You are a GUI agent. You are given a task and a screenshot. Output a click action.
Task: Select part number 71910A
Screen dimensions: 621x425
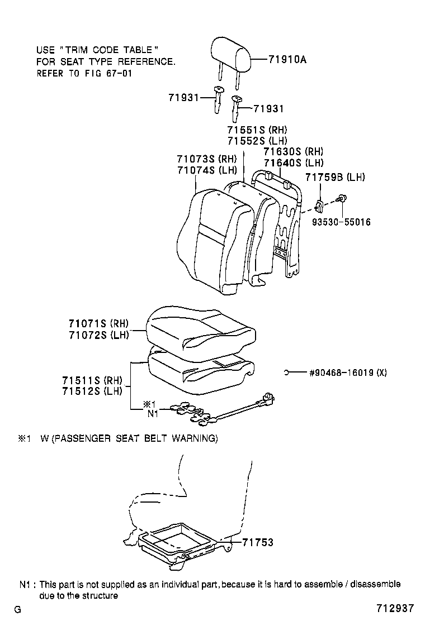(x=287, y=59)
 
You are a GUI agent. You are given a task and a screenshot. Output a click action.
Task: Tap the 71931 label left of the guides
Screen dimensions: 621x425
(x=183, y=97)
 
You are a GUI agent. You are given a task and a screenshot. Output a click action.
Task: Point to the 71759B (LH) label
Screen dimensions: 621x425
(x=335, y=177)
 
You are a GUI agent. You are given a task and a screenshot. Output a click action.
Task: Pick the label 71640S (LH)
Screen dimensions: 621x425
(x=293, y=163)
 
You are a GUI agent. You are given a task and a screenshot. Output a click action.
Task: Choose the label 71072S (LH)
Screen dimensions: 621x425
(x=98, y=335)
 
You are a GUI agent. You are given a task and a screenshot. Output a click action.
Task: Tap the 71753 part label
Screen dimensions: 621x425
(x=258, y=542)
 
